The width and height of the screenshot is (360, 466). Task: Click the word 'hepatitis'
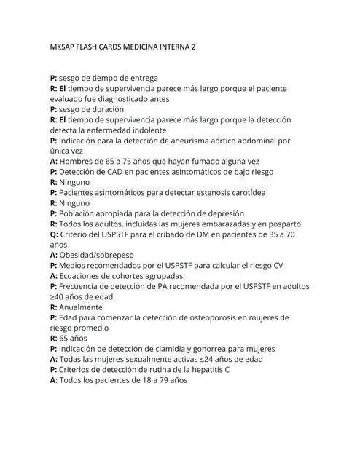209,370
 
